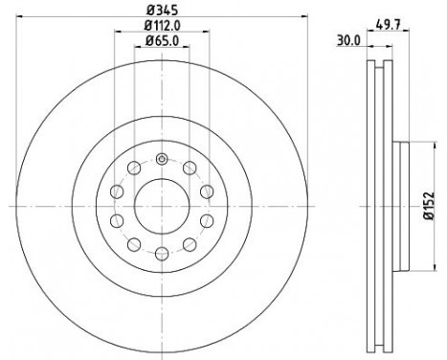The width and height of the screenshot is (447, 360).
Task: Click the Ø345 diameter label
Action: tap(161, 11)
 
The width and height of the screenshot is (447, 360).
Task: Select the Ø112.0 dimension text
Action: tap(161, 26)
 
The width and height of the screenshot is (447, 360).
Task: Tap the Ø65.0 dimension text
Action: tap(161, 41)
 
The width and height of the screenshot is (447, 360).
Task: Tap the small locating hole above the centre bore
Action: tap(161, 159)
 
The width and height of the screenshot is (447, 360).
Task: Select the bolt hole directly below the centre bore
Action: tap(161, 253)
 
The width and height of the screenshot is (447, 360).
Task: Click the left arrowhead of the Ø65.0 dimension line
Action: tap(136, 48)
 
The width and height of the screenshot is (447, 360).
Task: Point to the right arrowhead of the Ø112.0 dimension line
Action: tap(209, 33)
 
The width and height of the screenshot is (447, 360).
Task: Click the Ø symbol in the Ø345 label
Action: tap(149, 11)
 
